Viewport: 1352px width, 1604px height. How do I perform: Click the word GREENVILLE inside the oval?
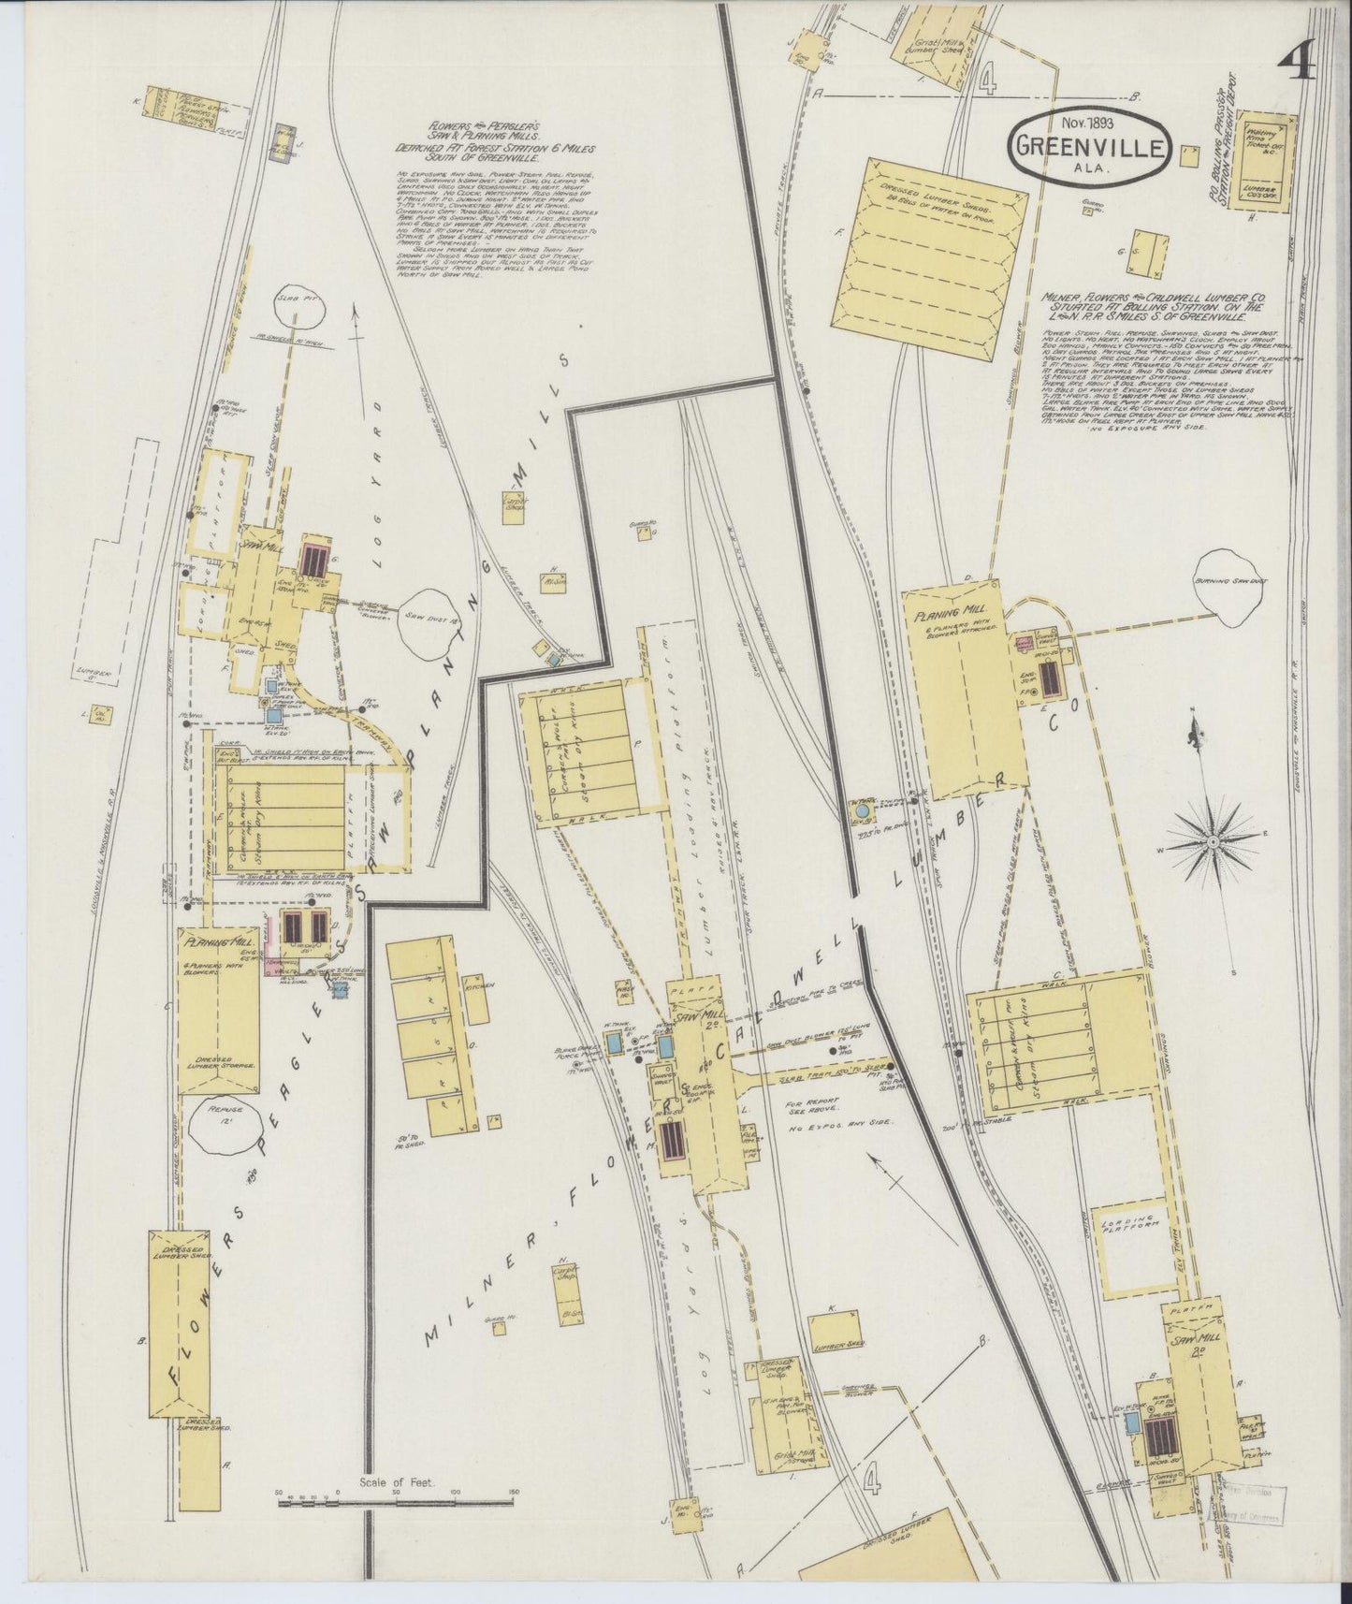pyautogui.click(x=1087, y=147)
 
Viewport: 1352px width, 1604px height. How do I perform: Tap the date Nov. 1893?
pyautogui.click(x=1087, y=123)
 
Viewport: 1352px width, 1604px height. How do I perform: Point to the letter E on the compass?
pyautogui.click(x=1266, y=833)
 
